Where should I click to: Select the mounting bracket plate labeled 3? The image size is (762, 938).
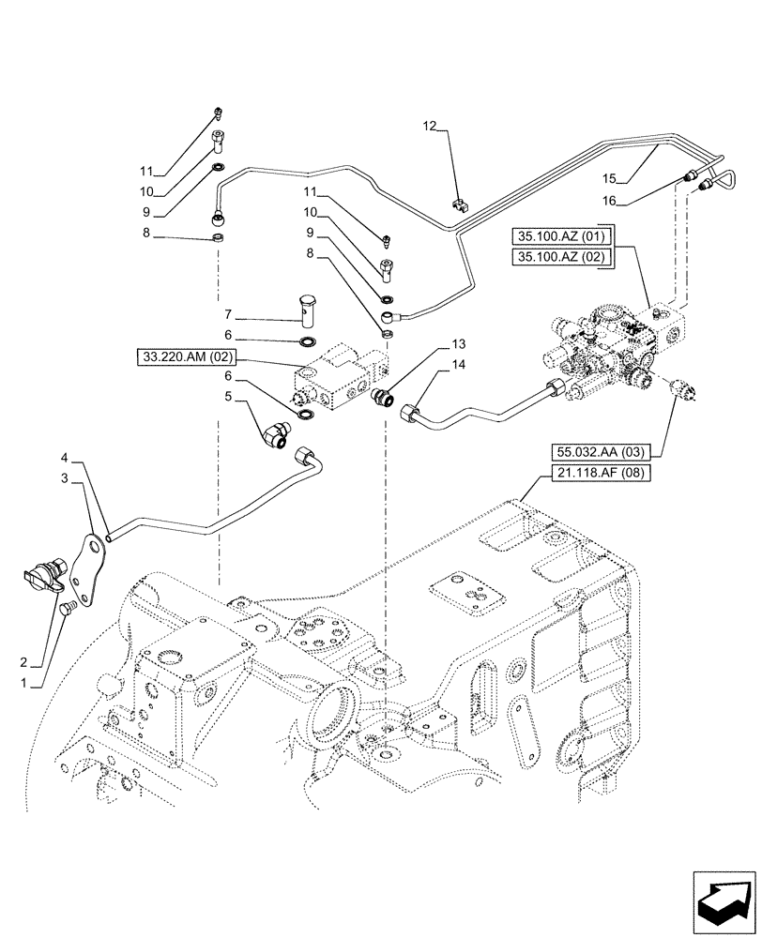pyautogui.click(x=92, y=570)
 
